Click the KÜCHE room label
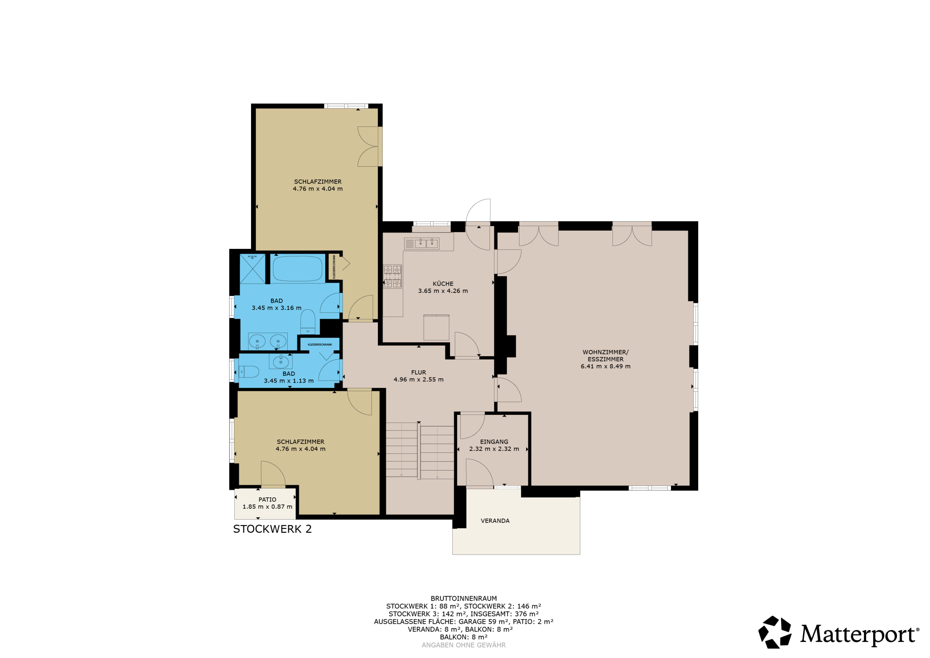coord(443,284)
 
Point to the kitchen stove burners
coord(392,276)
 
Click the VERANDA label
coord(495,521)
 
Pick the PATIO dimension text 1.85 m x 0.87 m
coord(267,506)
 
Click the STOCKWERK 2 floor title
coord(272,529)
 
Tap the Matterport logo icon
coord(775,632)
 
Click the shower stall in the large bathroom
coord(252,269)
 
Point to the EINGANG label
coord(494,442)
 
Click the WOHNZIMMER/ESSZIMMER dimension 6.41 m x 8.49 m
coord(606,366)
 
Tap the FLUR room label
coord(418,372)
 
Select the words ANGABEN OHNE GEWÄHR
coord(464,645)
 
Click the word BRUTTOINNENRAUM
coord(464,598)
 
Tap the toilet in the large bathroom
coord(307,322)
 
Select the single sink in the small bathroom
coord(281,361)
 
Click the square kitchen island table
coord(436,327)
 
